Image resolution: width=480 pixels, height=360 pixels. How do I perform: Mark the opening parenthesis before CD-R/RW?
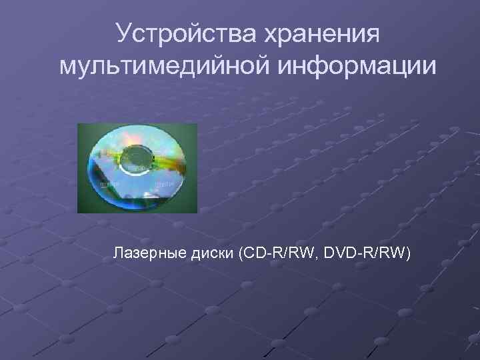click(240, 254)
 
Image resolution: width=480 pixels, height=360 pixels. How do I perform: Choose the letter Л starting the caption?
click(118, 253)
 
